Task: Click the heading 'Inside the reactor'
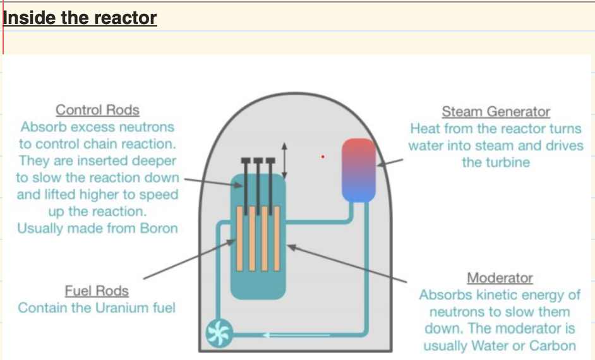80,18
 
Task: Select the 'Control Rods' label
97,110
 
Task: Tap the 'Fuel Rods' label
97,291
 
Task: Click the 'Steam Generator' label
496,112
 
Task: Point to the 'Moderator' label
500,278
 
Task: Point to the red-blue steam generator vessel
359,171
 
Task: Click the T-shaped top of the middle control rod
258,160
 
